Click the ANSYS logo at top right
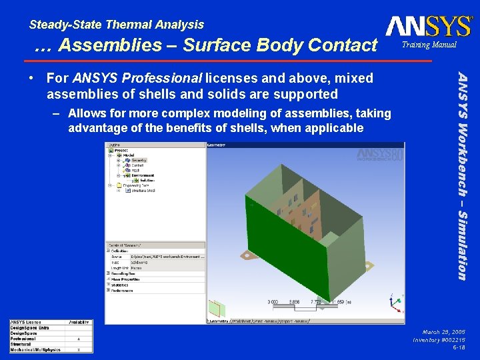pos(428,27)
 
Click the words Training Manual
pos(429,45)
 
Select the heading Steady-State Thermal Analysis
pos(117,25)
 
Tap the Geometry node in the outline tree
pos(139,160)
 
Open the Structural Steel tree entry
pos(141,190)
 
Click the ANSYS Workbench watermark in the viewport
pos(379,155)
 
